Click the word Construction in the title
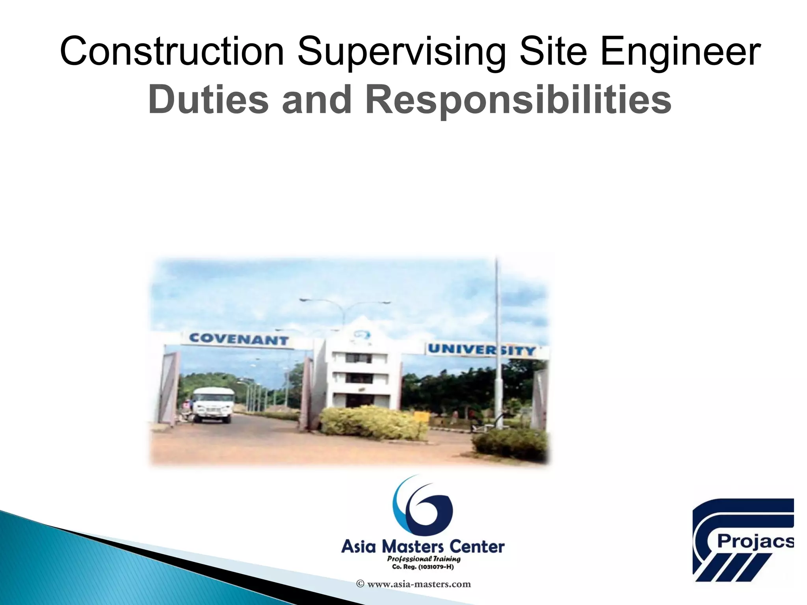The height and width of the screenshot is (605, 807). tap(172, 52)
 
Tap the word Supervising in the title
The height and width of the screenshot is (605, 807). tap(401, 52)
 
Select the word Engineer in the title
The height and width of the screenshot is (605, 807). tap(680, 52)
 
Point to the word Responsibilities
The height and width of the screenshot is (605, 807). tap(518, 100)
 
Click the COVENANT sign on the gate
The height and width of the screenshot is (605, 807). tap(239, 339)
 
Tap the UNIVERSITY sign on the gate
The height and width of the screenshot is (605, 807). tap(482, 350)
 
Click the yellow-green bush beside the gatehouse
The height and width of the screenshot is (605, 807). tap(372, 423)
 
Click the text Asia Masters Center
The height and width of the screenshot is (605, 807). tap(423, 547)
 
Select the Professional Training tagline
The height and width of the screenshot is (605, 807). tap(424, 559)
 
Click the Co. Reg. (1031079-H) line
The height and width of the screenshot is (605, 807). tap(423, 567)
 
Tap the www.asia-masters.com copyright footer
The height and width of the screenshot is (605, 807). tap(414, 584)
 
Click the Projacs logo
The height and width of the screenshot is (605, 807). tap(743, 540)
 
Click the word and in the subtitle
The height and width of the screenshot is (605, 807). tap(316, 100)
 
